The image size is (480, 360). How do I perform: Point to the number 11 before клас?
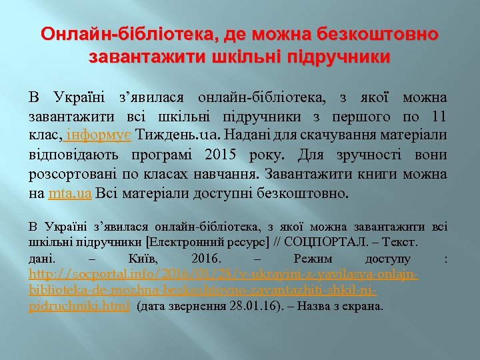click(x=438, y=117)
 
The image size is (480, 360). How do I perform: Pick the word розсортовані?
click(x=70, y=175)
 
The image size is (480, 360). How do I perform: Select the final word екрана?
click(x=365, y=306)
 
